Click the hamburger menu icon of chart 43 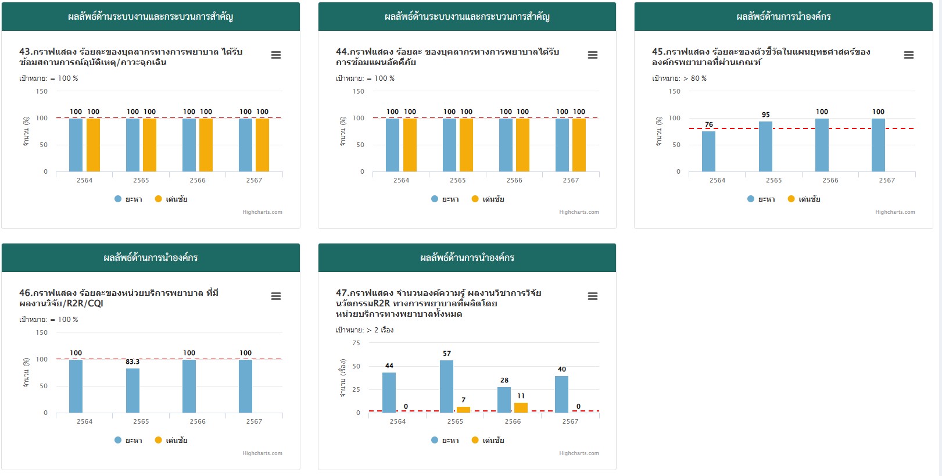276,55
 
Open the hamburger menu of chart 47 593,296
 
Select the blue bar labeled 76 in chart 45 708,151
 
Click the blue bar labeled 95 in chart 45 765,146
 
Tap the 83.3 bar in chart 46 132,391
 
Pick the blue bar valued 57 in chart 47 446,386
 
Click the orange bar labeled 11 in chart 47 521,407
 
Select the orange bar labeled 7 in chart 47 463,410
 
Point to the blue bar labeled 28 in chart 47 504,400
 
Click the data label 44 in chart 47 389,366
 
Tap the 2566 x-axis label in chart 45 830,180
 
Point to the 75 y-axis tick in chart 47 356,343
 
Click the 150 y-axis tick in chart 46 42,332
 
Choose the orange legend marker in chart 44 475,199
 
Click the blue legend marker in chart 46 118,440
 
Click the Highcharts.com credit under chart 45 895,212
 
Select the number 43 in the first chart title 25,52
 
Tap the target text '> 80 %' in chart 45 695,78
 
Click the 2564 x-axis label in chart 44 401,180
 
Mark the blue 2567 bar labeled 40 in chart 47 561,394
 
